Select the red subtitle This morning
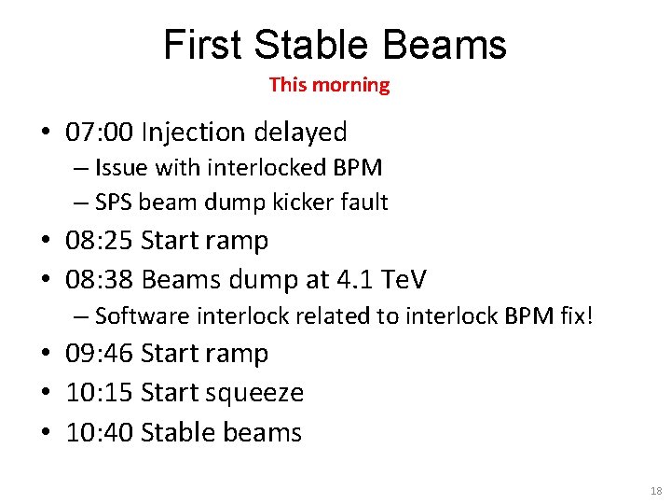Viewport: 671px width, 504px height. (x=329, y=85)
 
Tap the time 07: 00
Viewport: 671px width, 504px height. (x=100, y=133)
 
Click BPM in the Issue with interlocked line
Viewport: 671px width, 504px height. (x=355, y=168)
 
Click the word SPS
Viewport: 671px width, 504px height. (x=115, y=202)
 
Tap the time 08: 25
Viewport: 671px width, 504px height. (x=100, y=241)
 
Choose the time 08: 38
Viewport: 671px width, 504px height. (x=100, y=279)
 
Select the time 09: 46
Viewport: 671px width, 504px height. (x=100, y=354)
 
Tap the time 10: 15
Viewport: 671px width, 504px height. (x=100, y=393)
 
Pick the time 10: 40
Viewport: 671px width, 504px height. (x=100, y=433)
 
